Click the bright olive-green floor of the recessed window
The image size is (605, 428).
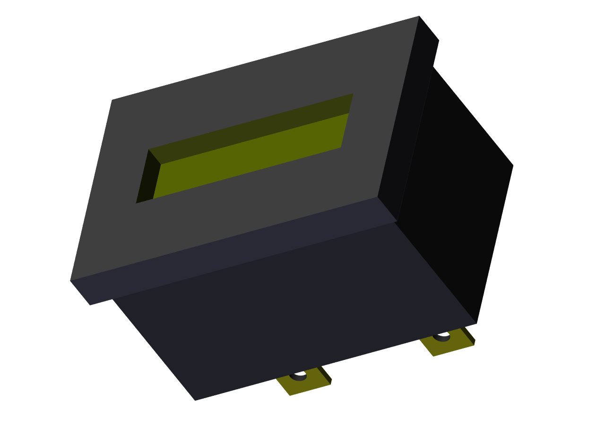point(251,156)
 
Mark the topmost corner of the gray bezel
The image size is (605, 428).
point(419,16)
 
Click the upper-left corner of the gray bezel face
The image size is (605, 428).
point(112,100)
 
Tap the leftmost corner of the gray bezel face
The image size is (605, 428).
point(70,280)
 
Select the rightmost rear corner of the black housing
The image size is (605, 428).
point(513,165)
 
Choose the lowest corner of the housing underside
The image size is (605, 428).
point(195,400)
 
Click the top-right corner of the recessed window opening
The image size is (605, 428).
point(353,94)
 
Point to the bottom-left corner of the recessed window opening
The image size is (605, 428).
point(136,203)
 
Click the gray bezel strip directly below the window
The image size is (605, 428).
point(236,208)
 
